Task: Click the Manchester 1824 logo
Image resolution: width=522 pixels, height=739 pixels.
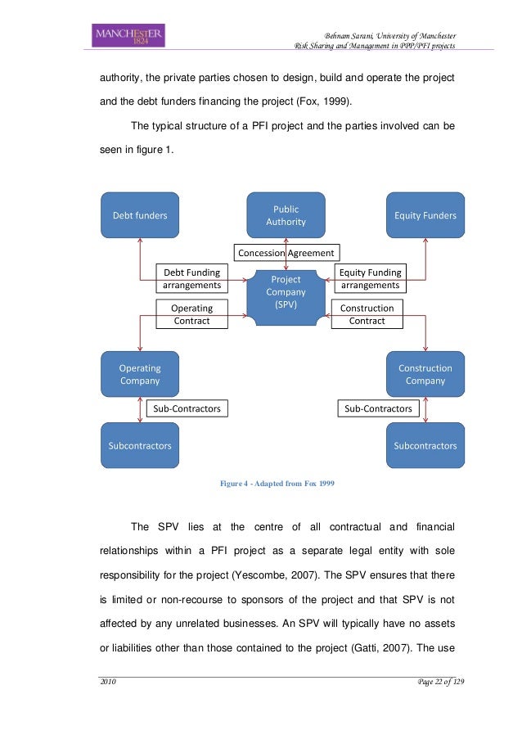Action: coord(129,36)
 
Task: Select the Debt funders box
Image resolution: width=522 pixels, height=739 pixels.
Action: coord(140,215)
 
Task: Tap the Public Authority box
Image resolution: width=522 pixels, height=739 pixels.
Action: coord(286,215)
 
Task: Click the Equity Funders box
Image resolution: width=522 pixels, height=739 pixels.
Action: coord(425,215)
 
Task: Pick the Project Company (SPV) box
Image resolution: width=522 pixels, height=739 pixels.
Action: coord(286,292)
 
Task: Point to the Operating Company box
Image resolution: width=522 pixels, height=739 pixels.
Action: coord(140,374)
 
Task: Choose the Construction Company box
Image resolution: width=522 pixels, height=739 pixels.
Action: coord(425,374)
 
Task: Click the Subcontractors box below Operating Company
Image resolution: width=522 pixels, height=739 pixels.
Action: coord(140,446)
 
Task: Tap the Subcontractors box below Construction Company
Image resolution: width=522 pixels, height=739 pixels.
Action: coord(425,446)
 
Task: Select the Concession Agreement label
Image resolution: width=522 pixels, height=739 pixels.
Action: coord(286,253)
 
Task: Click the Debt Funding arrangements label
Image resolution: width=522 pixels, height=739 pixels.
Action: coord(192,279)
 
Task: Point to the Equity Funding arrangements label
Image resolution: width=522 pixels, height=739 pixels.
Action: coord(370,279)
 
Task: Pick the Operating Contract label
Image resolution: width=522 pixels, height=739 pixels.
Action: coord(191,314)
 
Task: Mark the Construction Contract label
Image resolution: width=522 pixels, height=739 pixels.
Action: coord(367,314)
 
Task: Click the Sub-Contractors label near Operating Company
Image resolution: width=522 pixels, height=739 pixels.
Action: coord(187,408)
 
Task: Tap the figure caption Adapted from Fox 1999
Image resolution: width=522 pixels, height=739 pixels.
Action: coord(277,483)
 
